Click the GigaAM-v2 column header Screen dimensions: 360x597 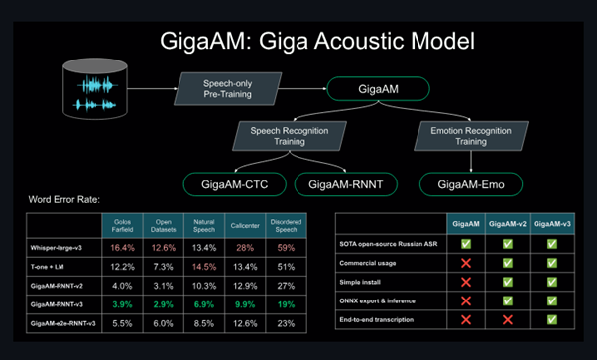click(506, 226)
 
